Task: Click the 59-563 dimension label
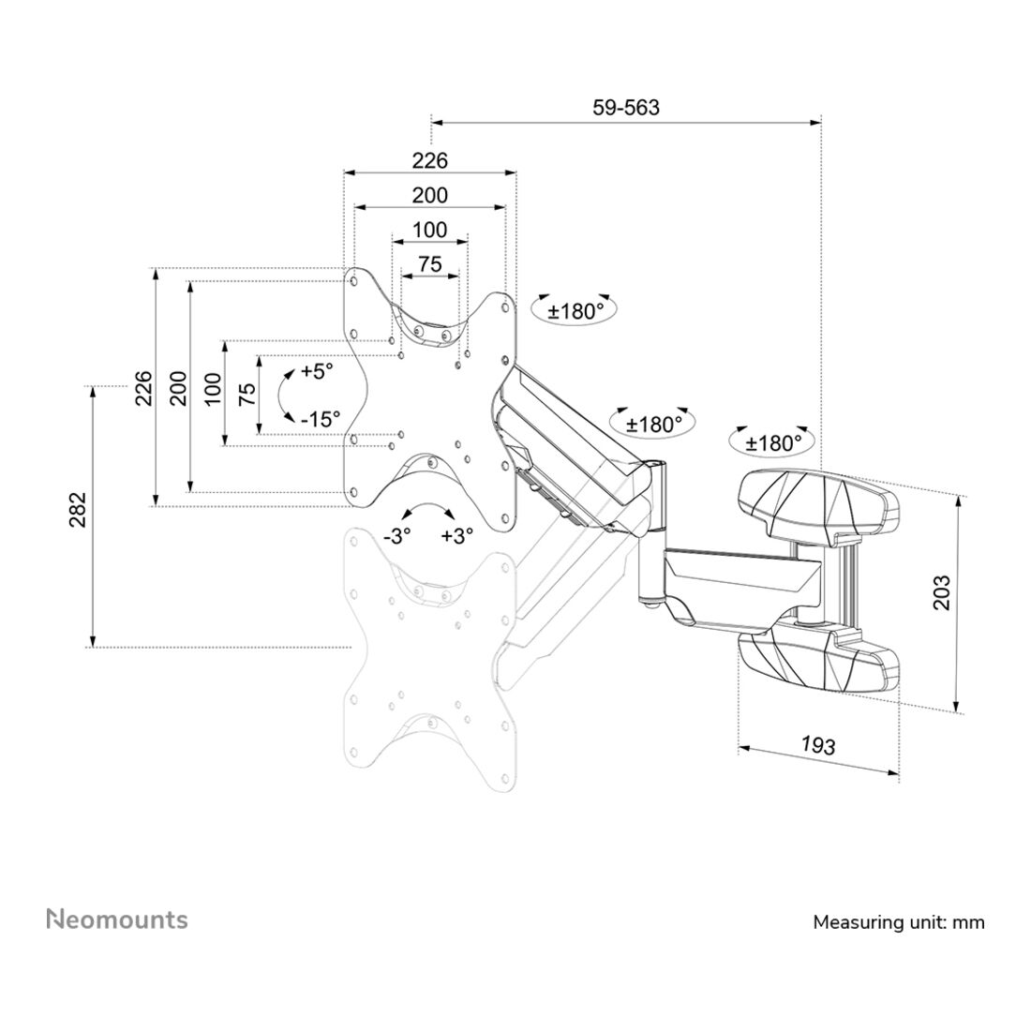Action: point(625,108)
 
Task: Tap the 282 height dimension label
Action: point(78,510)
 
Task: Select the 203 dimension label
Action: point(942,592)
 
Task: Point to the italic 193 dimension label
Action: point(817,745)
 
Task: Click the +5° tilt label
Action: point(317,371)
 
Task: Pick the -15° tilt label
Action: point(321,420)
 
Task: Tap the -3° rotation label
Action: point(397,536)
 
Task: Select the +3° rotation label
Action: point(456,536)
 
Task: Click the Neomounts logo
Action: point(117,919)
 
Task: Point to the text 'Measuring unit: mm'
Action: point(898,922)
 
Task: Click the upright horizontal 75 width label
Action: point(429,264)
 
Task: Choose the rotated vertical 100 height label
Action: point(213,389)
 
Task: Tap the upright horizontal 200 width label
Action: point(429,196)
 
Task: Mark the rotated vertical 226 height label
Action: point(143,387)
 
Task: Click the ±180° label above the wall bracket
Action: point(774,442)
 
